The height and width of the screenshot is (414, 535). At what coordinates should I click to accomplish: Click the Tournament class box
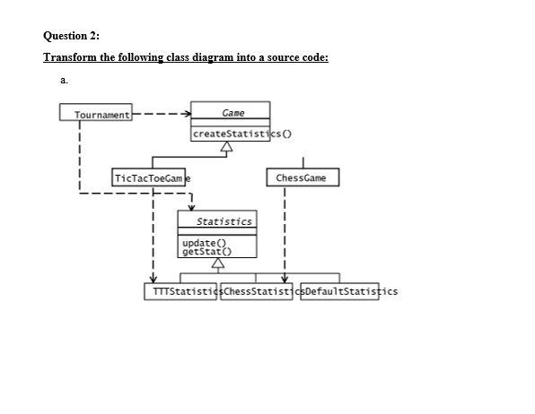point(96,114)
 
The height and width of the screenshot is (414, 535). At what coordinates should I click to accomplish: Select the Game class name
point(232,113)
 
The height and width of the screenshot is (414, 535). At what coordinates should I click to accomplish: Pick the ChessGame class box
point(303,177)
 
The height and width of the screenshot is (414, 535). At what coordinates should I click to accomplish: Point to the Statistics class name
point(224,220)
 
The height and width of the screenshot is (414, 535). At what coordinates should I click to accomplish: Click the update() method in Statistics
point(198,243)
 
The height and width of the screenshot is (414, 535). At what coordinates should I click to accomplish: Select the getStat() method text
point(201,252)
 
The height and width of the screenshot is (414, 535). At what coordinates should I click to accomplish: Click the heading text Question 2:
point(72,36)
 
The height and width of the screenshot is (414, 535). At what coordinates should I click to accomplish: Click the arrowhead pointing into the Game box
point(186,115)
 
